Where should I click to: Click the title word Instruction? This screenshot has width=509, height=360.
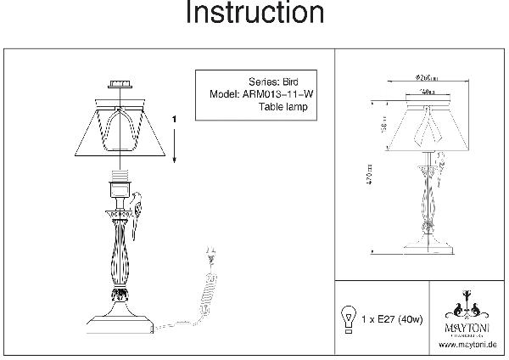254,14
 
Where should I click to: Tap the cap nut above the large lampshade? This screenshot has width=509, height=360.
119,85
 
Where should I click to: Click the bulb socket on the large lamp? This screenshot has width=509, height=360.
119,183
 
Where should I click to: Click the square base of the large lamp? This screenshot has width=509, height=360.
120,323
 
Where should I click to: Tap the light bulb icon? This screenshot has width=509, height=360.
346,318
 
